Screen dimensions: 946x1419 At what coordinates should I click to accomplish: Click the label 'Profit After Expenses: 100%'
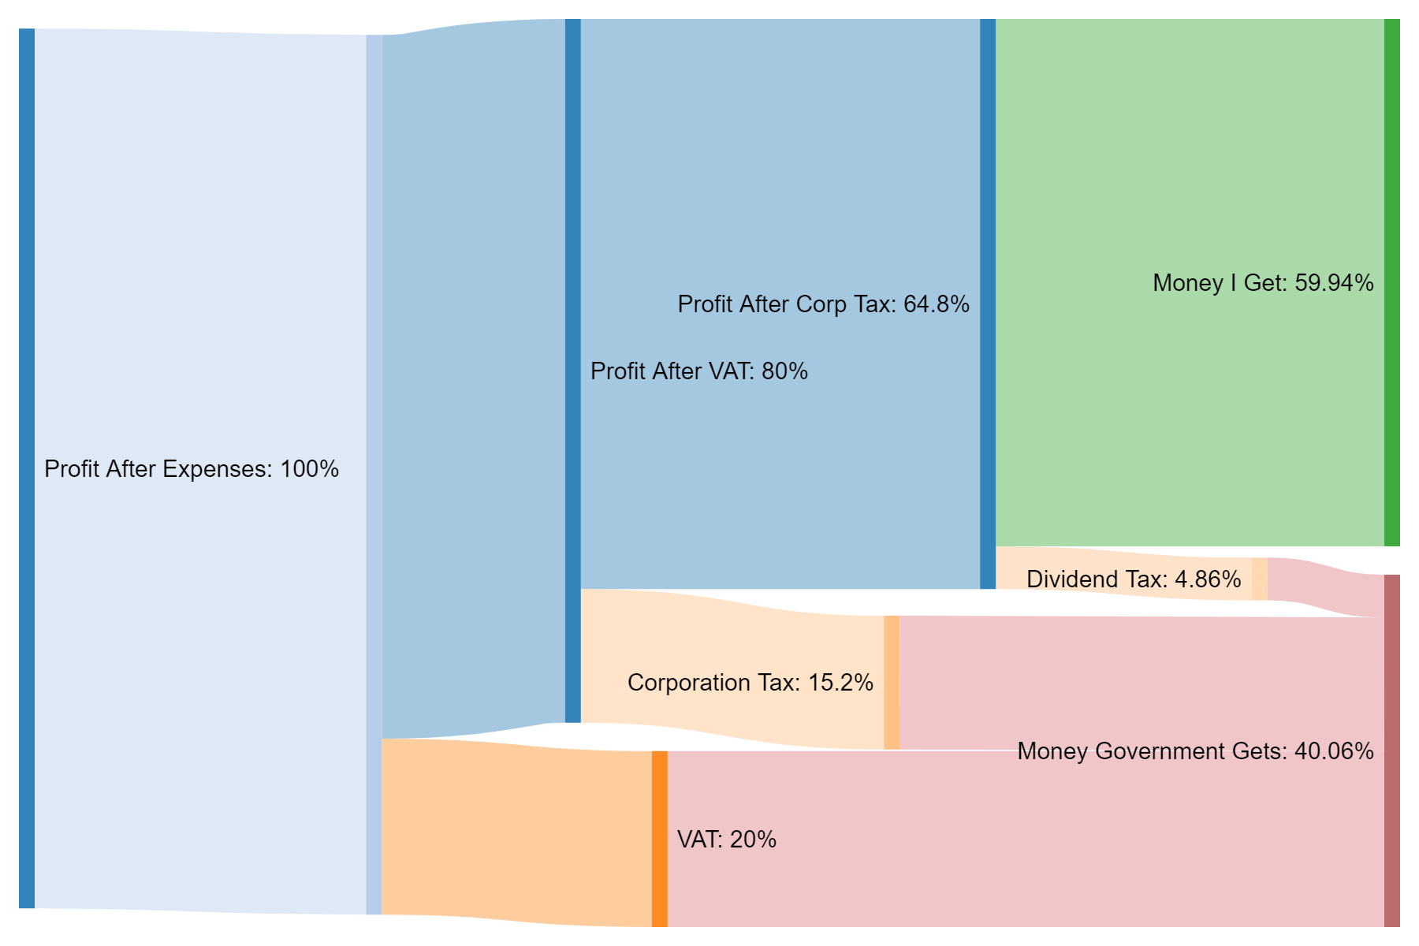[192, 469]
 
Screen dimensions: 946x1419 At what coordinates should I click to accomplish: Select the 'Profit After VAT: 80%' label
[699, 371]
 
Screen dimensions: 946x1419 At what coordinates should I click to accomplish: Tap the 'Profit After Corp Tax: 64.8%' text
[823, 304]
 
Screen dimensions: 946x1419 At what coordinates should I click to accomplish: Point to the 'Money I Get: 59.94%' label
[1262, 283]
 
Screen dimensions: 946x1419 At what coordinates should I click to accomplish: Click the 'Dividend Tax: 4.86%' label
[1134, 579]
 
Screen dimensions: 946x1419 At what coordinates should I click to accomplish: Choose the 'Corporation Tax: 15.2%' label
[750, 683]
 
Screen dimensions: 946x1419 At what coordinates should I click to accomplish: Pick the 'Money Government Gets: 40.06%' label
[1195, 751]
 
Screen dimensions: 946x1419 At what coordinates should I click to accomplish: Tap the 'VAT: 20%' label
[726, 840]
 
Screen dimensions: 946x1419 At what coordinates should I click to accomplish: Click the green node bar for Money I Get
[1391, 282]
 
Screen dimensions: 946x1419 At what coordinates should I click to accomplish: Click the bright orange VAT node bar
[659, 839]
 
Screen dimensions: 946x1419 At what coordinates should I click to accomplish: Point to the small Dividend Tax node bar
[1259, 579]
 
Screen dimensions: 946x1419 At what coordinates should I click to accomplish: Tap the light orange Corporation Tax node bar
[891, 683]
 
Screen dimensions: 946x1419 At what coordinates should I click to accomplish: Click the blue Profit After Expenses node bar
[27, 468]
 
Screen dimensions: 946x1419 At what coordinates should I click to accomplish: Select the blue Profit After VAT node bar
[572, 371]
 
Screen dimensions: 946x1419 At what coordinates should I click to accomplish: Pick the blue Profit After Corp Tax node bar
[987, 304]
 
